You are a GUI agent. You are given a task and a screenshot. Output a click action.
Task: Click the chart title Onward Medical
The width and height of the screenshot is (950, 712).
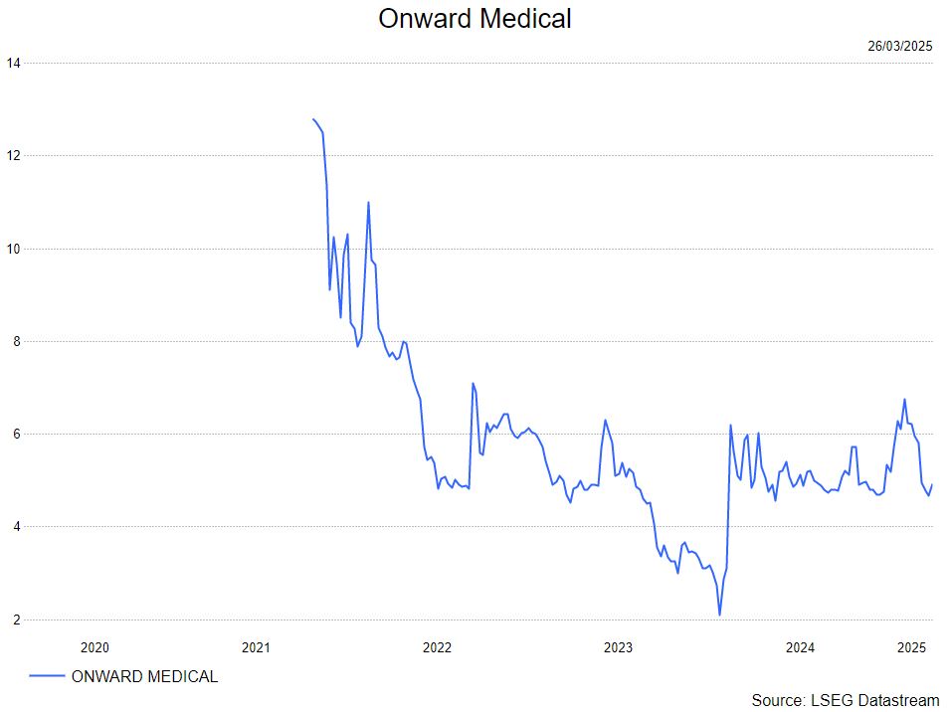[475, 18]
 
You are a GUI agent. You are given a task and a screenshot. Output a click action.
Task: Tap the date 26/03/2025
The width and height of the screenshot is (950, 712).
[899, 46]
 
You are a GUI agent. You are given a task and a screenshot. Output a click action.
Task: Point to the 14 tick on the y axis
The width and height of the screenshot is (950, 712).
[13, 63]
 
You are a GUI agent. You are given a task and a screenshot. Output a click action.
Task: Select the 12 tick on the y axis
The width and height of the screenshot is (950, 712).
[13, 155]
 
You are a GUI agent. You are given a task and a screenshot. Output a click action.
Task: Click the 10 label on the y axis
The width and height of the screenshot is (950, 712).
[13, 249]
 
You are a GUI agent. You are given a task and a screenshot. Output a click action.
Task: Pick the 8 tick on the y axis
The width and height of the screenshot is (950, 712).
[13, 341]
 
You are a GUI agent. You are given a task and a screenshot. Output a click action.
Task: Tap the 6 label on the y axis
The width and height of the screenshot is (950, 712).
[13, 434]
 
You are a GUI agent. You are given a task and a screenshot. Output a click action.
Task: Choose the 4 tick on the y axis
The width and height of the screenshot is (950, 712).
[13, 527]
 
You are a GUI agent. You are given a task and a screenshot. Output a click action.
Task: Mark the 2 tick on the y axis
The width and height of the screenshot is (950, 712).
[13, 620]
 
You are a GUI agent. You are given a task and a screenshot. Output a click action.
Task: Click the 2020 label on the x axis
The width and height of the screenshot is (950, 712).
[94, 647]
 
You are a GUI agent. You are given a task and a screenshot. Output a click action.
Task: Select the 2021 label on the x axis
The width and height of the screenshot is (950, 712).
[257, 647]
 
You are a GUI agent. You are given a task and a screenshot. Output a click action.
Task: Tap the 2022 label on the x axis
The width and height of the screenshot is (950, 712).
[437, 647]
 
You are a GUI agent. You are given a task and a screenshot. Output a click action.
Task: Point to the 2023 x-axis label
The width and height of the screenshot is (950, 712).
[618, 647]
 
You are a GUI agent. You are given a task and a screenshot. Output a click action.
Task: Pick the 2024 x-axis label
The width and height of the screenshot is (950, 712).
[800, 647]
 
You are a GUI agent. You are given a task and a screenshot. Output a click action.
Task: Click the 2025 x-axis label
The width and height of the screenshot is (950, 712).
[911, 647]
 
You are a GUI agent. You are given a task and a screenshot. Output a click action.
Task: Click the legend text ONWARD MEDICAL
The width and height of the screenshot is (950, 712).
[144, 677]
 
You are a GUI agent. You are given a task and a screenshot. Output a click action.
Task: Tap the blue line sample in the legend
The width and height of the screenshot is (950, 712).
[47, 677]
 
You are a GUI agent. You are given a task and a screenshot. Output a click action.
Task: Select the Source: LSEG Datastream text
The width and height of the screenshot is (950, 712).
[845, 700]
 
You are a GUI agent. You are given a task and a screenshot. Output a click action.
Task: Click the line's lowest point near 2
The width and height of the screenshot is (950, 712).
[720, 615]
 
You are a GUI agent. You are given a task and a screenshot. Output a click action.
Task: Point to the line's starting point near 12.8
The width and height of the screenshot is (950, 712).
[313, 119]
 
